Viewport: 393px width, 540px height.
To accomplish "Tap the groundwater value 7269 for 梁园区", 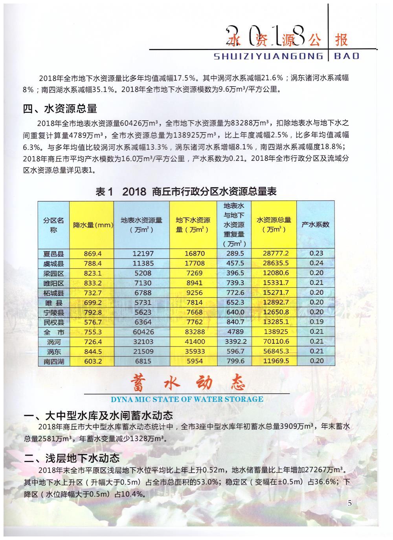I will tap(194, 273).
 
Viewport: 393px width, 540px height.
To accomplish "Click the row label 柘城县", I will tap(53, 293).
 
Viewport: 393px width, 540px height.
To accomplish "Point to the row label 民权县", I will tap(53, 322).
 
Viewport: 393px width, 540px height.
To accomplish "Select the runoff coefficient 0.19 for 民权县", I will tap(316, 322).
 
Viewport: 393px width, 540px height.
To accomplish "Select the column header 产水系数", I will tap(316, 225).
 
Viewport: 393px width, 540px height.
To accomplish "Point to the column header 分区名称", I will tap(53, 225).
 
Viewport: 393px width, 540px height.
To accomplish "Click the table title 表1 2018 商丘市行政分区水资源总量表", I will tap(186, 192).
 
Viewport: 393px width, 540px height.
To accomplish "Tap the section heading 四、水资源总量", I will tap(60, 108).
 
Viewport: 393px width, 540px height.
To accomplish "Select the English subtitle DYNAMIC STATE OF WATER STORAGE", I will tap(187, 399).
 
